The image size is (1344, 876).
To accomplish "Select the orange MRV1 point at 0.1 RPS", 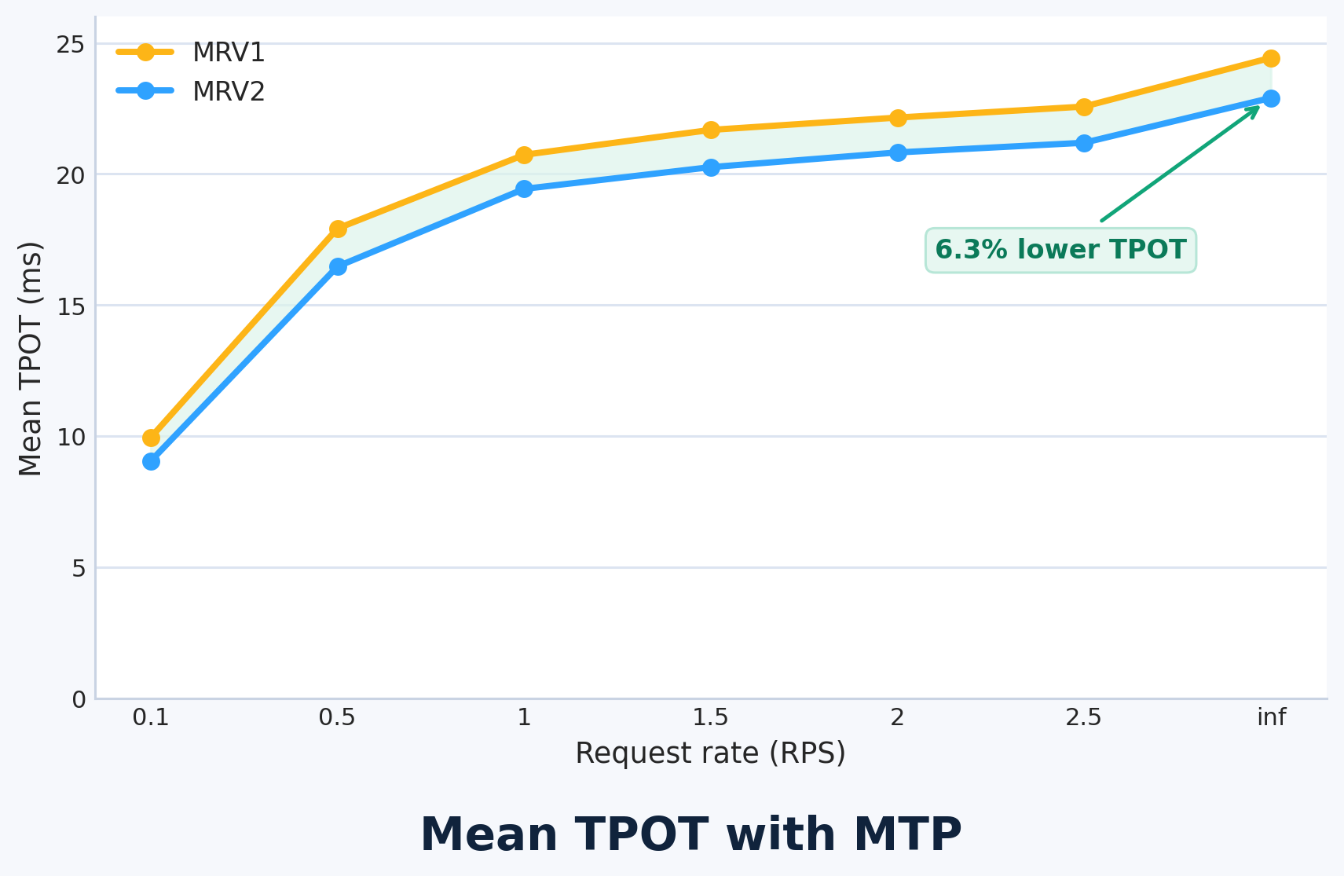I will pos(152,438).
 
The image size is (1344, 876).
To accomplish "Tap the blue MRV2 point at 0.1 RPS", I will pos(152,461).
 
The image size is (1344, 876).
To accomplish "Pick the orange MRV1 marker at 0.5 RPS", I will pos(338,229).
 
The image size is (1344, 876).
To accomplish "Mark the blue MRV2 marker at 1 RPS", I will pos(524,189).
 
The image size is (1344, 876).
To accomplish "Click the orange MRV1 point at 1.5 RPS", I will pos(711,130).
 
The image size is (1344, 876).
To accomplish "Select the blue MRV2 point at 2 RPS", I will pos(898,152).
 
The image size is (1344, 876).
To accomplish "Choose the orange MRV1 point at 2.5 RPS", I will pos(1084,107).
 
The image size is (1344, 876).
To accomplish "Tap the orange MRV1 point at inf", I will pos(1271,58).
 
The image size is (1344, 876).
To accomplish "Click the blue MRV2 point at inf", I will pos(1271,98).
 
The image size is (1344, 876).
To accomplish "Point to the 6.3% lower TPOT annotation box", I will pos(1060,251).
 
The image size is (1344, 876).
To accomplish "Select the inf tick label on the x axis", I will pos(1271,717).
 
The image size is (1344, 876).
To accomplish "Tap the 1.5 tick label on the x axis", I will pos(711,717).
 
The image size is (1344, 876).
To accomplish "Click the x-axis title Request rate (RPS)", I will pos(710,753).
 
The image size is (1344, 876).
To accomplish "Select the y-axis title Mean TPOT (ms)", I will pos(30,358).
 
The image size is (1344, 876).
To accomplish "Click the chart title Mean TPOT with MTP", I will pos(690,834).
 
